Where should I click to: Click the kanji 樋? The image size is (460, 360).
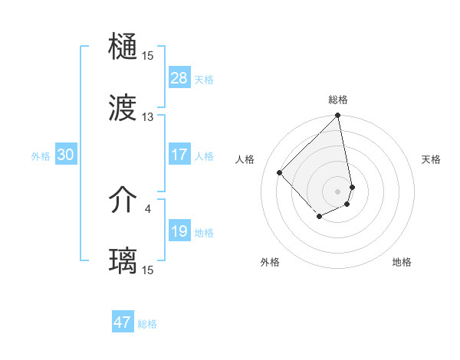(x=123, y=47)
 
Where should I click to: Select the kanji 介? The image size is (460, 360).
(x=123, y=201)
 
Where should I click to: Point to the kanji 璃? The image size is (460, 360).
(x=123, y=261)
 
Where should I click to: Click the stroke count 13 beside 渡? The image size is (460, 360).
(x=147, y=117)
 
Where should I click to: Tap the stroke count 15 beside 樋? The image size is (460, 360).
(x=147, y=56)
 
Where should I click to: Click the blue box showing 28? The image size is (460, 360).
(x=179, y=77)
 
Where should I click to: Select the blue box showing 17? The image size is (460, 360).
(x=179, y=155)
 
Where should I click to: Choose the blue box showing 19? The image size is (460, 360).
(x=179, y=231)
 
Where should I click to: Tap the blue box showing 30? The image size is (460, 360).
(x=66, y=155)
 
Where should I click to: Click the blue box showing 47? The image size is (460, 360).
(x=123, y=322)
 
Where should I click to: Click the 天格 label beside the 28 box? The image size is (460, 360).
(x=204, y=79)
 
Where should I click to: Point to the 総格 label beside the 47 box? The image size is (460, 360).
(x=147, y=324)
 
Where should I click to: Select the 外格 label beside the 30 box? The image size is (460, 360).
(x=41, y=156)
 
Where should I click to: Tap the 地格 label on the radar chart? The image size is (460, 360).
(x=402, y=262)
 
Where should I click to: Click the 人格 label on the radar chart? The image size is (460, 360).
(x=245, y=159)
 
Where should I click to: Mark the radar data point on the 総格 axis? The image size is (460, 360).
(x=338, y=116)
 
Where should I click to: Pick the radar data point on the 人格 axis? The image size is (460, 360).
(x=280, y=172)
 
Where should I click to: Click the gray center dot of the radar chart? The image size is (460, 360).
(x=338, y=191)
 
